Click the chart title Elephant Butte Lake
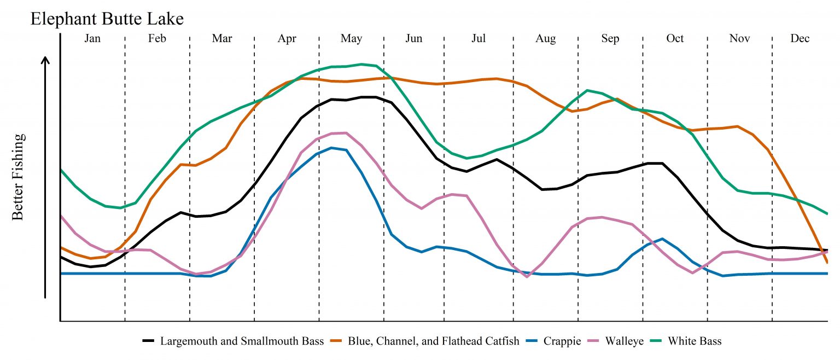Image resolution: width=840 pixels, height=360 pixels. tap(107, 19)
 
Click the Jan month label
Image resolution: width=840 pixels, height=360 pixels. tap(92, 39)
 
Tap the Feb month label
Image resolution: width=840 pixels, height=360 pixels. tap(157, 39)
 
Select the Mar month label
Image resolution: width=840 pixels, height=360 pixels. tap(221, 39)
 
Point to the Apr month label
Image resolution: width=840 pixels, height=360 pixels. tap(287, 39)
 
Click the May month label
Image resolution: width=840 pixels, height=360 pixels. tap(351, 39)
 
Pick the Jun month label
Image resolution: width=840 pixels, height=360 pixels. tap(414, 39)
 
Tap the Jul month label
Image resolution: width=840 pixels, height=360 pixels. tap(479, 39)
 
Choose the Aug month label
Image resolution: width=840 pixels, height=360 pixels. tap(545, 39)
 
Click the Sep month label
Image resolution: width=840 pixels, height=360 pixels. tap(610, 39)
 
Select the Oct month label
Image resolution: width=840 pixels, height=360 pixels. tap(675, 39)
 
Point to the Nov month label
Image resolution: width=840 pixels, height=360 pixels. tap(739, 39)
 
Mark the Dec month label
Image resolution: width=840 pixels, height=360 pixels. tap(800, 39)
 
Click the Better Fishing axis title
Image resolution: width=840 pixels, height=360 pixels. tap(19, 177)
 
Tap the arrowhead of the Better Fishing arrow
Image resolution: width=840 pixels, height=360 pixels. tap(46, 60)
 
